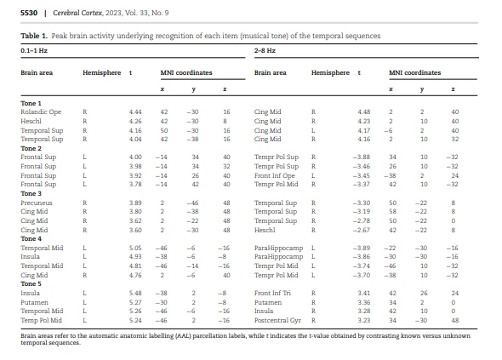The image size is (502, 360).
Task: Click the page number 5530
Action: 29,13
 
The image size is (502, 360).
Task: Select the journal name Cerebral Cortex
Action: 77,13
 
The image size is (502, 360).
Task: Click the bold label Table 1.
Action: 34,36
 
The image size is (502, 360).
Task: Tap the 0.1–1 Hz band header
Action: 34,50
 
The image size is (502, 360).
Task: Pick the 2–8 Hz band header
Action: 265,50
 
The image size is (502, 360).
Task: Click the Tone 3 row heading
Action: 31,193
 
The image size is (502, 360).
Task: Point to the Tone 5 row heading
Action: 31,283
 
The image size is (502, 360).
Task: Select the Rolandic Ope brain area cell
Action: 41,111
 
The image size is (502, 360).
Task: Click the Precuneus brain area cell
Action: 37,203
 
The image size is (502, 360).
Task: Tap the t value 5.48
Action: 135,293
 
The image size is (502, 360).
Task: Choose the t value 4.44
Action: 135,111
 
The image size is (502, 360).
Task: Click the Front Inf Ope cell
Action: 275,175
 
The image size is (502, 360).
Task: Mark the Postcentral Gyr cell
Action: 277,320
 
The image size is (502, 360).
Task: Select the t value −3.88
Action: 362,157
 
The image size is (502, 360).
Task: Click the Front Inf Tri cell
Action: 272,293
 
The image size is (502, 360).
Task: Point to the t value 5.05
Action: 135,248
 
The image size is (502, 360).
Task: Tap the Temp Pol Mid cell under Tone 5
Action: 42,320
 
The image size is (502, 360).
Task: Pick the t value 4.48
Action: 364,111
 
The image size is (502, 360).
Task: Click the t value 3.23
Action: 364,320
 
